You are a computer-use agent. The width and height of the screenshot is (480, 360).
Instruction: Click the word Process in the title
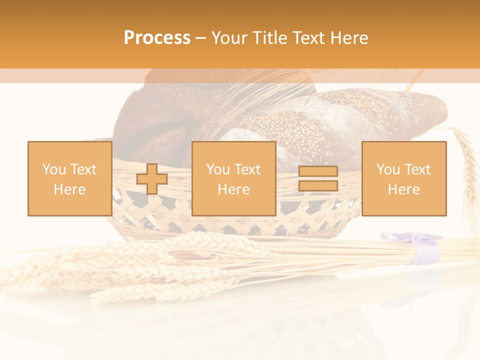[x=157, y=38]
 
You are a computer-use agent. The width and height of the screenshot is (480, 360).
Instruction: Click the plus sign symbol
[x=152, y=179]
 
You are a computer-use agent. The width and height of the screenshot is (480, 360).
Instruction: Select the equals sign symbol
[x=318, y=179]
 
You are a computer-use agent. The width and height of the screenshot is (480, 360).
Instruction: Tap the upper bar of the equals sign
[x=318, y=172]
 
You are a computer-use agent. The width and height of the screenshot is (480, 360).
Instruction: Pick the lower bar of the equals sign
[x=318, y=186]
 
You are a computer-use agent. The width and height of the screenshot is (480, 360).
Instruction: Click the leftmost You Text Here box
[x=69, y=179]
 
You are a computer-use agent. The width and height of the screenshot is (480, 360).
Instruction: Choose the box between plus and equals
[x=233, y=179]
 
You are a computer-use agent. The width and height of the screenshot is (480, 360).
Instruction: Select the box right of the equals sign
[x=404, y=179]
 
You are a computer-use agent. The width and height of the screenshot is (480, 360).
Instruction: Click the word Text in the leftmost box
[x=83, y=169]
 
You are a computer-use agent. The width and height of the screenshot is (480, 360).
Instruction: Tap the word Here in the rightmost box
[x=404, y=189]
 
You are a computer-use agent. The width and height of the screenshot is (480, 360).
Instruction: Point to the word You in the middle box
[x=218, y=169]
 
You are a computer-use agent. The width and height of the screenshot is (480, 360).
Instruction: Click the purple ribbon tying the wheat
[x=428, y=247]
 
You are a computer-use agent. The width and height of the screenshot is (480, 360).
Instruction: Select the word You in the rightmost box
[x=388, y=169]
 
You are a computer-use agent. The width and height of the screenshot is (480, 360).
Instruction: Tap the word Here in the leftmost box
[x=69, y=189]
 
